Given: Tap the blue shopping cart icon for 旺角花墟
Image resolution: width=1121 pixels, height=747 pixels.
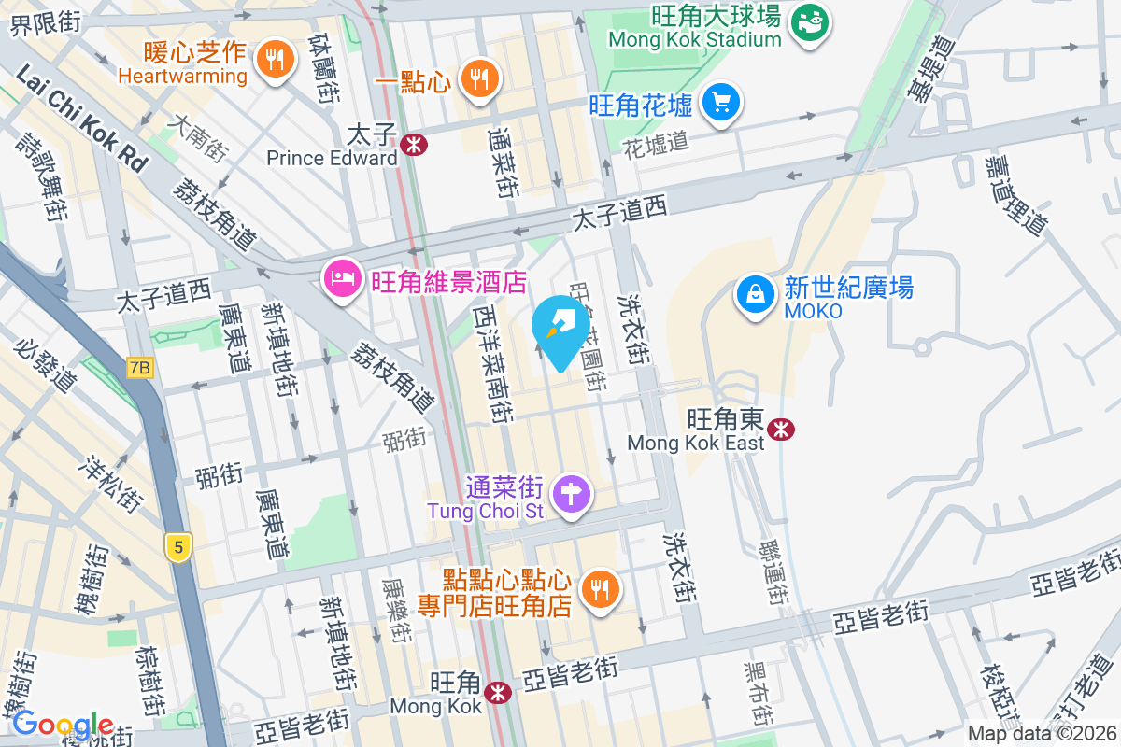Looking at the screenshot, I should click(x=720, y=102).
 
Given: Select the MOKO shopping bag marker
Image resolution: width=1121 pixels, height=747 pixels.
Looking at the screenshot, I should click(x=754, y=295).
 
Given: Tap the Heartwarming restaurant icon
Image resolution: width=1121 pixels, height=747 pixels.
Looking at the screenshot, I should click(x=274, y=60).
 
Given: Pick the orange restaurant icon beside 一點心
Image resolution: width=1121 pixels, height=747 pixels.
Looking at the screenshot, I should click(x=480, y=79).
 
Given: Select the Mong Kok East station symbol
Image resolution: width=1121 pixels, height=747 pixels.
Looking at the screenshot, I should click(x=780, y=428).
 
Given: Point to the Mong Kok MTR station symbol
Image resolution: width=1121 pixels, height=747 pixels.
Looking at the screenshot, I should click(x=498, y=691).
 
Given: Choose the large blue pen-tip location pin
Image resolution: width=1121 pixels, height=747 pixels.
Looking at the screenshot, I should click(x=560, y=330).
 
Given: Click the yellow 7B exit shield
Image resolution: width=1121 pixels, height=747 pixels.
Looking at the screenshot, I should click(x=139, y=368).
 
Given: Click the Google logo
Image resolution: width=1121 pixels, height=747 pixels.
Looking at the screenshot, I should click(x=63, y=725).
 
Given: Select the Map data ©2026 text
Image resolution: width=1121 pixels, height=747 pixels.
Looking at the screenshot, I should click(x=1041, y=734).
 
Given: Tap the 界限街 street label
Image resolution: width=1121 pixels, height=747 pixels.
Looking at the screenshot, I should click(x=45, y=24).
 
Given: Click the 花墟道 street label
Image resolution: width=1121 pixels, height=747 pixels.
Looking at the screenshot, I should click(x=656, y=143).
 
